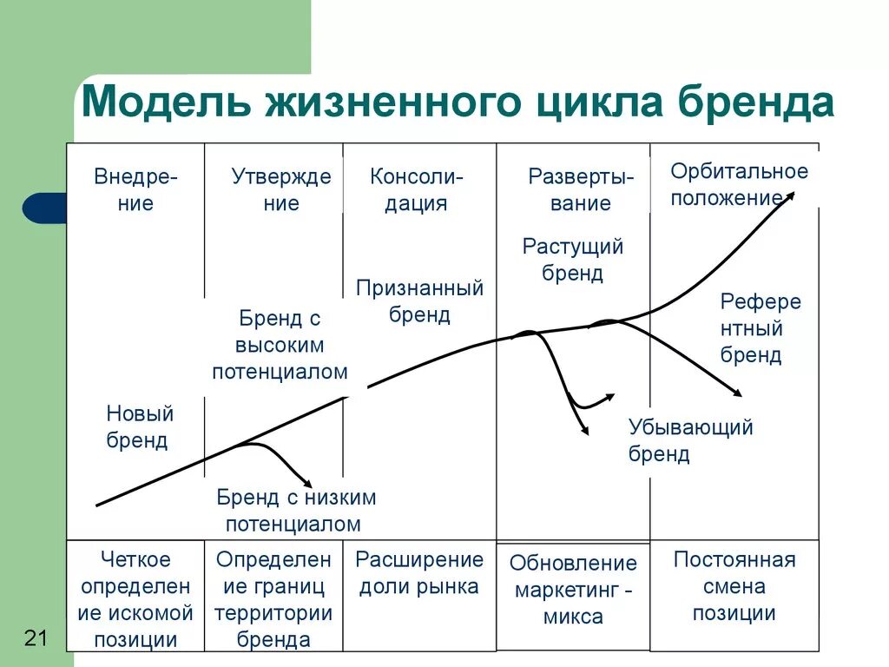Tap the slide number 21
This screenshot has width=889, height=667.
click(x=36, y=638)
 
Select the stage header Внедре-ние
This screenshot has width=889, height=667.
click(x=135, y=190)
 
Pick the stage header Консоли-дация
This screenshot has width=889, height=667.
click(x=417, y=190)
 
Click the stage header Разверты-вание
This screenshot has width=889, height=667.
click(x=581, y=190)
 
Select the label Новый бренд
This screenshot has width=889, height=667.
click(x=139, y=426)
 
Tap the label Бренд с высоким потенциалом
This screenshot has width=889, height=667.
click(x=280, y=345)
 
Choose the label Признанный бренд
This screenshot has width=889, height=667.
click(x=419, y=300)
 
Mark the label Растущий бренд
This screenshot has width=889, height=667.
click(x=573, y=260)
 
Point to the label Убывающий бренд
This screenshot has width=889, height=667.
click(x=690, y=439)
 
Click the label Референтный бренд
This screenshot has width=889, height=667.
click(x=760, y=328)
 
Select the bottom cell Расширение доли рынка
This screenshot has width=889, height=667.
click(x=419, y=572)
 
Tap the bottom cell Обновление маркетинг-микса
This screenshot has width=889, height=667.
click(x=573, y=590)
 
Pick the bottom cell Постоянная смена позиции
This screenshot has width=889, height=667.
click(x=734, y=586)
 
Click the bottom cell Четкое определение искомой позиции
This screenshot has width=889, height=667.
click(x=135, y=599)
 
